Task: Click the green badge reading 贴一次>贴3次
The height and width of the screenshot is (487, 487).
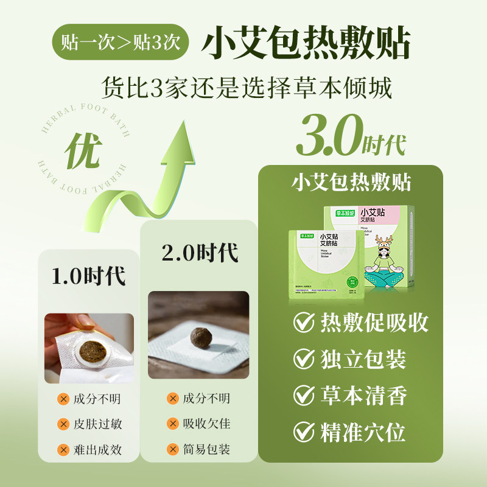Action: click(x=121, y=41)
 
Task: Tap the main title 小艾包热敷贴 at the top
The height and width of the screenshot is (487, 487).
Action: click(x=306, y=41)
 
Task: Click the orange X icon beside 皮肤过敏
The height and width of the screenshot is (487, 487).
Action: click(x=62, y=424)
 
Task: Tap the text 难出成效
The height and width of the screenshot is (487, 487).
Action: click(x=97, y=450)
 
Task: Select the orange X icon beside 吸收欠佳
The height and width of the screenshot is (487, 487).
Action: click(x=172, y=424)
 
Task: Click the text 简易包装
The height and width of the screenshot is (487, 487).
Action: click(x=206, y=450)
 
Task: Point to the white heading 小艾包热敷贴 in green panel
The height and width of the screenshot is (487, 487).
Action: click(x=352, y=183)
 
